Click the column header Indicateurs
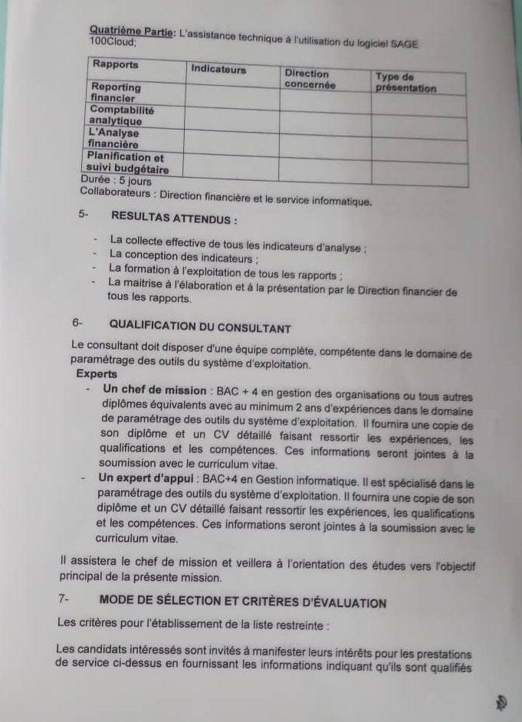click(x=218, y=70)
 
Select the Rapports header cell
click(x=116, y=64)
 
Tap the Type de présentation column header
click(x=405, y=82)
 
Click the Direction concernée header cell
click(x=310, y=79)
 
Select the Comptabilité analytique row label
click(x=121, y=116)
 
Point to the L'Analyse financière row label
click(x=113, y=138)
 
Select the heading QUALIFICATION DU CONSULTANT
click(x=200, y=328)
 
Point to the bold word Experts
click(x=97, y=375)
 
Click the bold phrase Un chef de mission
click(x=153, y=390)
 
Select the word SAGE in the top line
click(x=405, y=44)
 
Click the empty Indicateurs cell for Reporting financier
click(x=231, y=94)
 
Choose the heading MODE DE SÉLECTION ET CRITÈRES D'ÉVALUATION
click(x=243, y=603)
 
